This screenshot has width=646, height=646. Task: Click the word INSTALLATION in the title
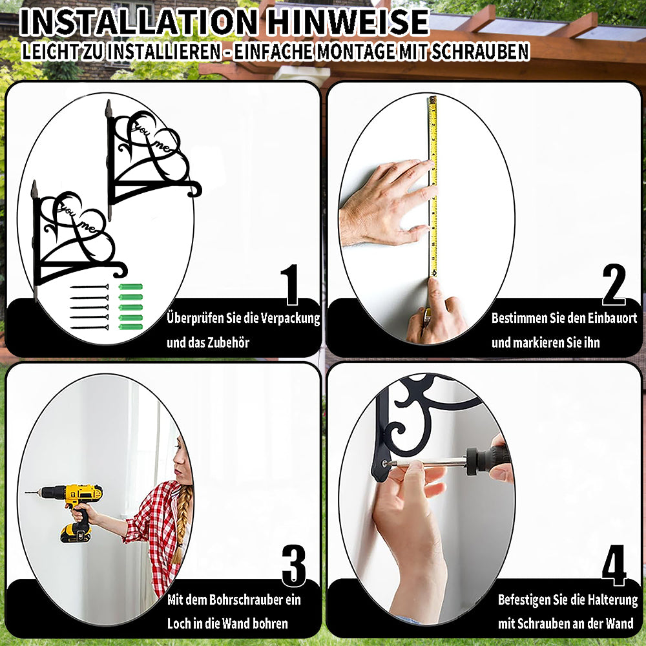coord(139,22)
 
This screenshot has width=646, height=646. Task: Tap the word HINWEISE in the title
coord(348,22)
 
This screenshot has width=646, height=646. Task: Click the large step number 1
coord(291,284)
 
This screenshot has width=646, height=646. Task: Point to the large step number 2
coord(614,284)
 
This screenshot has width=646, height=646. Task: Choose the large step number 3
coord(294,565)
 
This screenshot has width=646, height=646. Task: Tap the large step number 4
coord(614,565)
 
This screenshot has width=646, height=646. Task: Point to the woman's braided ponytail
coord(181,523)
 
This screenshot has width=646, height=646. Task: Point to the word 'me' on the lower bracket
coord(88,227)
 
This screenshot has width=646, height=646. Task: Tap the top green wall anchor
coord(130,287)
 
